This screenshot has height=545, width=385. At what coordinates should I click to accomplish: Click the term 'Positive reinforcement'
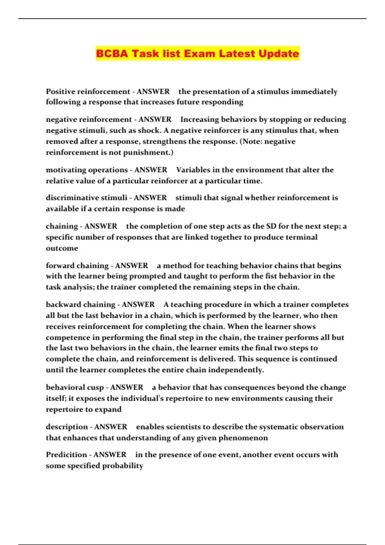[x=88, y=91]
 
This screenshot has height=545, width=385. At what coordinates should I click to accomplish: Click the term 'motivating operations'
[x=87, y=170]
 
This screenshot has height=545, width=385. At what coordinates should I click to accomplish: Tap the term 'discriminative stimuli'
[x=86, y=198]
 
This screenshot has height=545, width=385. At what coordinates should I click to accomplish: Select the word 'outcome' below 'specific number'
[x=62, y=248]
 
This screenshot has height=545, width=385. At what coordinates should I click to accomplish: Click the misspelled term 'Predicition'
[x=66, y=455]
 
